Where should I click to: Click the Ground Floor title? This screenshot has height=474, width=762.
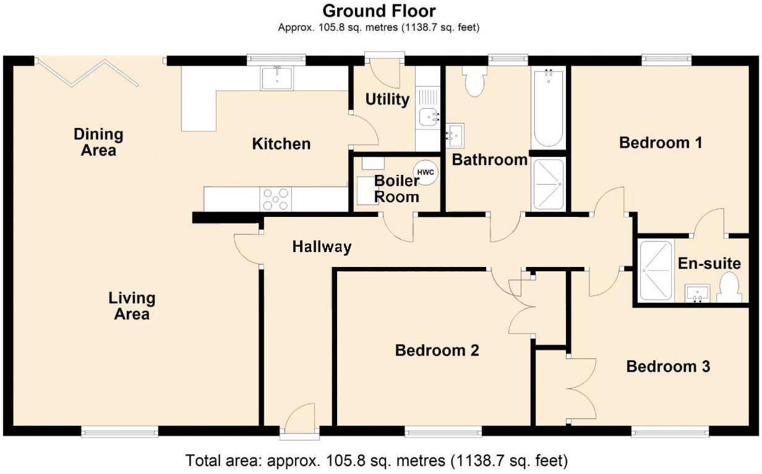coord(379,11)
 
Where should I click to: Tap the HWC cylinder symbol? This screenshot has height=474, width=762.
coord(425,171)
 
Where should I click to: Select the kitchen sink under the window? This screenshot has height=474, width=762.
coord(277,78)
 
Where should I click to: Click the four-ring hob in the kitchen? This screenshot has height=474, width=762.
coord(276,199)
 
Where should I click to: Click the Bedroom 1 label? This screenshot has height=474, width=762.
coord(661,143)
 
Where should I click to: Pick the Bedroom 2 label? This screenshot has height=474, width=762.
coord(437,350)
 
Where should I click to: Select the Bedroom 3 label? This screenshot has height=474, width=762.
coord(668,366)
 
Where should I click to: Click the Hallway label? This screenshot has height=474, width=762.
coord(322,247)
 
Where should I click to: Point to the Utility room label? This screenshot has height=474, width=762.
coord(387,99)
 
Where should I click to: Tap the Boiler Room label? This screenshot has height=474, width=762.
coord(396,189)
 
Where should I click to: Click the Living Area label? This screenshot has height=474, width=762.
coord(132,306)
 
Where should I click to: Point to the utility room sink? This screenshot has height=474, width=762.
coord(428,116)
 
